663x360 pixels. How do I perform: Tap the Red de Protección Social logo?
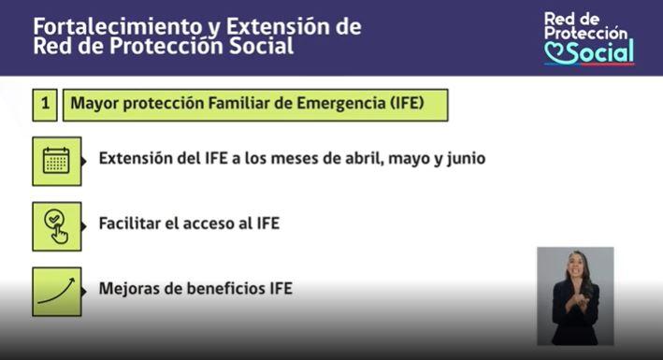(588, 38)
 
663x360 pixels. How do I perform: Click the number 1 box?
(44, 105)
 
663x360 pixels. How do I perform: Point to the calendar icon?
(56, 160)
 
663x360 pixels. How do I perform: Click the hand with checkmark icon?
(56, 225)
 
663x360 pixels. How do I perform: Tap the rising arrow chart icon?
(56, 290)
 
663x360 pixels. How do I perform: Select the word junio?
(465, 159)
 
